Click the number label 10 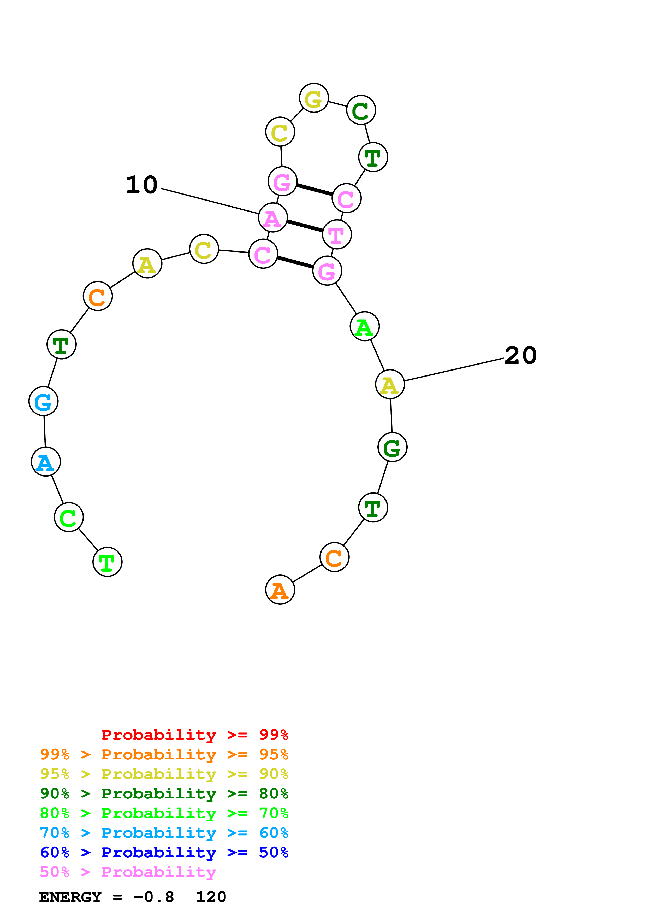click(x=141, y=185)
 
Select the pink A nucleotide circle click(x=273, y=218)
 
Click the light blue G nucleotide click(x=43, y=401)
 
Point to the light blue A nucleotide click(x=46, y=462)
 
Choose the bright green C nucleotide click(x=69, y=518)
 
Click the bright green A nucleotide click(x=364, y=327)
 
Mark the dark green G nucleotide click(x=392, y=447)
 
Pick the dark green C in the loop click(x=361, y=110)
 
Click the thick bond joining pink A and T click(x=305, y=226)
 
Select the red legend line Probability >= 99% click(x=194, y=735)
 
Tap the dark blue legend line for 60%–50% click(x=164, y=853)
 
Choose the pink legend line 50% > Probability click(x=128, y=872)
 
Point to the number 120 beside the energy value click(x=211, y=897)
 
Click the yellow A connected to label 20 click(x=390, y=384)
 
